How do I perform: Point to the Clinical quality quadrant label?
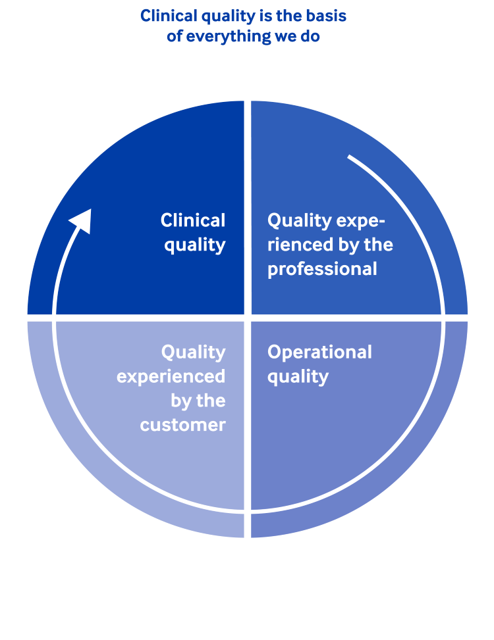(x=194, y=232)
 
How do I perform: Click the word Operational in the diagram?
(x=319, y=353)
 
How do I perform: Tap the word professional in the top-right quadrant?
(x=322, y=269)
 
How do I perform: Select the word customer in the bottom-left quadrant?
(x=182, y=425)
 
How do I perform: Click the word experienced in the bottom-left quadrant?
(x=171, y=377)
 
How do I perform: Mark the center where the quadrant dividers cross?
(x=248, y=318)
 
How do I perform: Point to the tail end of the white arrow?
(x=349, y=157)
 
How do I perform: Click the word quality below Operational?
(x=298, y=377)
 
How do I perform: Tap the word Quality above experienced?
(x=193, y=353)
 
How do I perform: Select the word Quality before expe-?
(x=300, y=220)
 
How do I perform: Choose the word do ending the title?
(x=310, y=36)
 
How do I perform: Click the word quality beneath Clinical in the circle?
(x=195, y=245)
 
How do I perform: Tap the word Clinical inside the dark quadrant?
(x=193, y=220)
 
